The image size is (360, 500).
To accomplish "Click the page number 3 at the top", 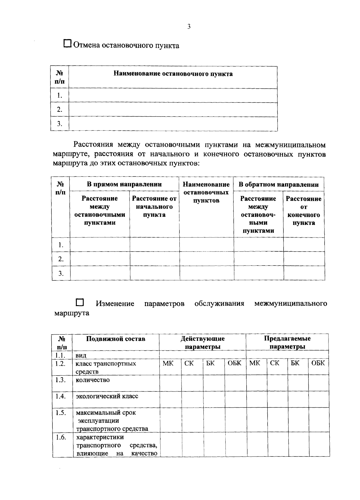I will [189, 26].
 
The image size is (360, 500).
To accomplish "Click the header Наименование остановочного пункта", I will [173, 74].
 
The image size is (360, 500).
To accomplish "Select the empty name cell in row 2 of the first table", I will [173, 109].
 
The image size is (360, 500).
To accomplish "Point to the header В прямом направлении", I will [124, 184].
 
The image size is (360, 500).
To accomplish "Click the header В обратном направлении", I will [278, 184].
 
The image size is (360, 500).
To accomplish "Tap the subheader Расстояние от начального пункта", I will [154, 207].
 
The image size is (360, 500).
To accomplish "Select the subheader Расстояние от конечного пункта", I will [304, 211].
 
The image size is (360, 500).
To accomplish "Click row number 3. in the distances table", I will [61, 273].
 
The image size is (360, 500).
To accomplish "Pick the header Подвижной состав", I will [115, 339].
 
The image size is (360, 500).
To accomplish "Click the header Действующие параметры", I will [202, 343].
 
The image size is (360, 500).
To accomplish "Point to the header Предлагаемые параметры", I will [287, 343].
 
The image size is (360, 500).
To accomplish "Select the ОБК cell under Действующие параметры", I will [234, 363].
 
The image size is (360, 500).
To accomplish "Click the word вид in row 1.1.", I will [81, 356].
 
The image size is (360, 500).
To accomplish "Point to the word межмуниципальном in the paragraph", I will [290, 145].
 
